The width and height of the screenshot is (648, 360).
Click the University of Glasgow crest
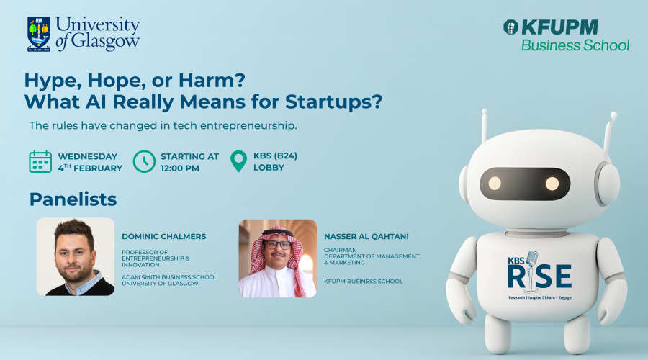(x=39, y=34)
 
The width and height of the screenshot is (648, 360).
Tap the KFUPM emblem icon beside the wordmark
(x=510, y=27)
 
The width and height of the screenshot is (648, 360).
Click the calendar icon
(x=40, y=161)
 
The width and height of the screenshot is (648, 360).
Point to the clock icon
(x=144, y=161)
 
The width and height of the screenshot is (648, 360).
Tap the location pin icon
(x=238, y=161)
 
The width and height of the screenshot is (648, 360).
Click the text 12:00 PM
(x=180, y=168)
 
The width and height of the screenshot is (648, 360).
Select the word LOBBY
(x=269, y=167)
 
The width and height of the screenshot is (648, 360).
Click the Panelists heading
(x=73, y=199)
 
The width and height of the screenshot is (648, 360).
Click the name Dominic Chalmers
(x=163, y=236)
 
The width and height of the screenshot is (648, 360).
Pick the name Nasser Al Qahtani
(x=366, y=236)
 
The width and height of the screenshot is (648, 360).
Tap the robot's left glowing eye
(x=495, y=183)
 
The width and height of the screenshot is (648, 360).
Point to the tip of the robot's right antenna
(x=613, y=115)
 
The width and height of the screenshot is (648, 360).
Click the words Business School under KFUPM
(x=575, y=45)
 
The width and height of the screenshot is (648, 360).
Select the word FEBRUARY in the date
(x=97, y=168)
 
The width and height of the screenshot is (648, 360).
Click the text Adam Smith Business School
(x=169, y=277)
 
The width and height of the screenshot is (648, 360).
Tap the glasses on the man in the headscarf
(x=277, y=245)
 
